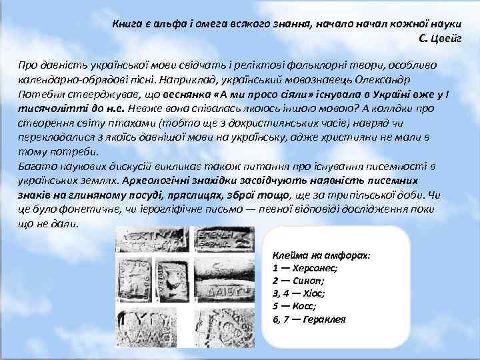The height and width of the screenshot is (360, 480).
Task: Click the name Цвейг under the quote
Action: [455, 39]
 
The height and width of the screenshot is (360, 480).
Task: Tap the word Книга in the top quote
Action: [125, 24]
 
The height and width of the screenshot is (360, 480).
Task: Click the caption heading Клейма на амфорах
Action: [321, 255]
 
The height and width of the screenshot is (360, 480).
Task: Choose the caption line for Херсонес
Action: [305, 268]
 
